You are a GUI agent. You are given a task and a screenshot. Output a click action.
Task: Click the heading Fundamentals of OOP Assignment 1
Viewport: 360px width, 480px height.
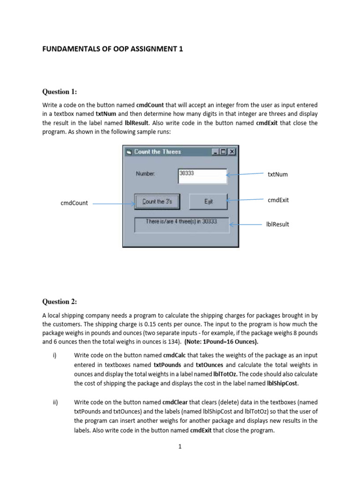113,48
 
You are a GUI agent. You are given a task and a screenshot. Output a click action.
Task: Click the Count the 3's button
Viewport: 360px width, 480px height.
157,202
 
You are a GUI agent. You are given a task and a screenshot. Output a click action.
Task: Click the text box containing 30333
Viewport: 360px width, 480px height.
202,175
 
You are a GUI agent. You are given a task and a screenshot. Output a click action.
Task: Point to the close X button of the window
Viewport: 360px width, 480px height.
232,152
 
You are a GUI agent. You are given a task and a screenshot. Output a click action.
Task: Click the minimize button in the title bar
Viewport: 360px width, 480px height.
216,152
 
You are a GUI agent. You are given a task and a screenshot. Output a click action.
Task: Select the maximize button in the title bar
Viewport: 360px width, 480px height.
224,152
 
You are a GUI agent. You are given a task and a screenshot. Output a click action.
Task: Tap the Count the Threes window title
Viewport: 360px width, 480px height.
157,152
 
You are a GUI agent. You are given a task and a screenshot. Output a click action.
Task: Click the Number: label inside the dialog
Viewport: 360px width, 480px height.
146,174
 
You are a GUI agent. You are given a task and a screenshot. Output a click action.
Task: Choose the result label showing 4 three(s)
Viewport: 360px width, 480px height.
181,224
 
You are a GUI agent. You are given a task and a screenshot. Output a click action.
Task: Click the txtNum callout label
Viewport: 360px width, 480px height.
277,174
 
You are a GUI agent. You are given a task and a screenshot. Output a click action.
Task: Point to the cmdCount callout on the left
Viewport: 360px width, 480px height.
74,203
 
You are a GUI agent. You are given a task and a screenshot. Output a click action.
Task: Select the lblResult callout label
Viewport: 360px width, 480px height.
277,224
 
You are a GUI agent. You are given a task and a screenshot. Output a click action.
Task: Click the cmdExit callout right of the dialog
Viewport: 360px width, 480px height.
278,200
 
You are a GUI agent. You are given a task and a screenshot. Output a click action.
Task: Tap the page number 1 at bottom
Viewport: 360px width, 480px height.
180,447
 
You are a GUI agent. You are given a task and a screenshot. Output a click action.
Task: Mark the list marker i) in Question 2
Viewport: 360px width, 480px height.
54,355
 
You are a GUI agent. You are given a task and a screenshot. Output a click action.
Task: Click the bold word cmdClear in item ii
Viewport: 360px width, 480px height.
175,402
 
